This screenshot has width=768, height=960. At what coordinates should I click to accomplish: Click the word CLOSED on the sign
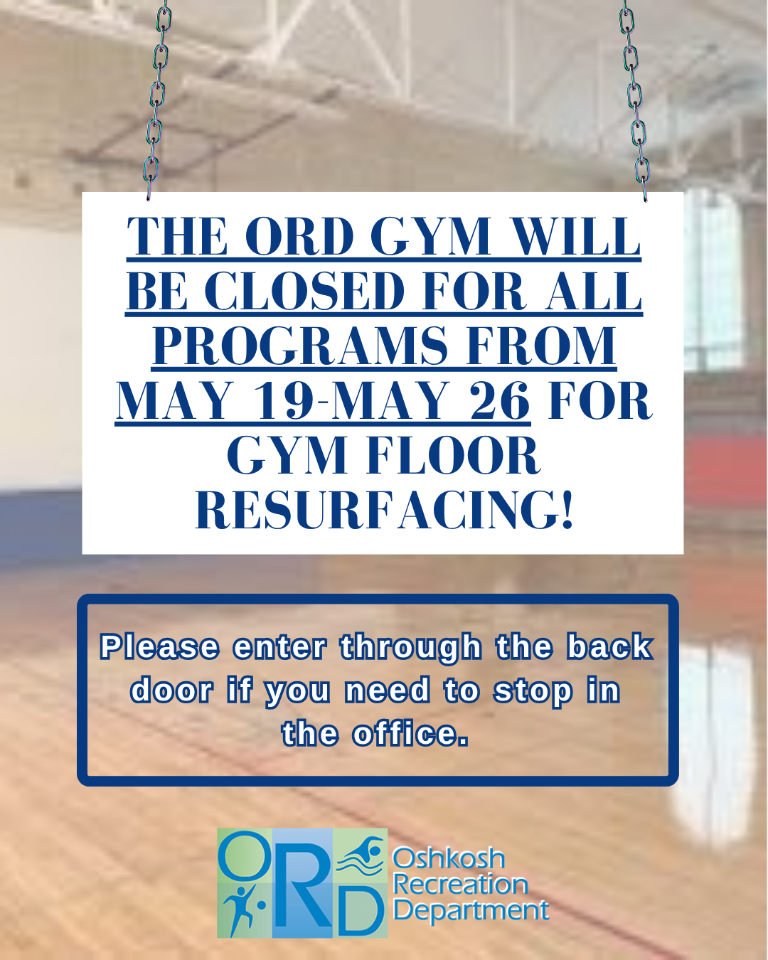pyautogui.click(x=305, y=291)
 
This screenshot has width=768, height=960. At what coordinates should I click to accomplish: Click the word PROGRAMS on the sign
pyautogui.click(x=300, y=346)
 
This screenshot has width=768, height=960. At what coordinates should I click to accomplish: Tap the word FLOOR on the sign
pyautogui.click(x=454, y=455)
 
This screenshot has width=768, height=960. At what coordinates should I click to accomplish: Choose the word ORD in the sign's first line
pyautogui.click(x=299, y=236)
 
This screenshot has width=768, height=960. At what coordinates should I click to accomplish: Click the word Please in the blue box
pyautogui.click(x=160, y=647)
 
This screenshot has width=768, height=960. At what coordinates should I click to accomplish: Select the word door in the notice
pyautogui.click(x=171, y=690)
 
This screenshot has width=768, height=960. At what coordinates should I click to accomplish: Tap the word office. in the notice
pyautogui.click(x=410, y=734)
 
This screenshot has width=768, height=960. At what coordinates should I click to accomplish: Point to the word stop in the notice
pyautogui.click(x=533, y=693)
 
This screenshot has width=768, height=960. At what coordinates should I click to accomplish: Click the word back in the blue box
pyautogui.click(x=610, y=647)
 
